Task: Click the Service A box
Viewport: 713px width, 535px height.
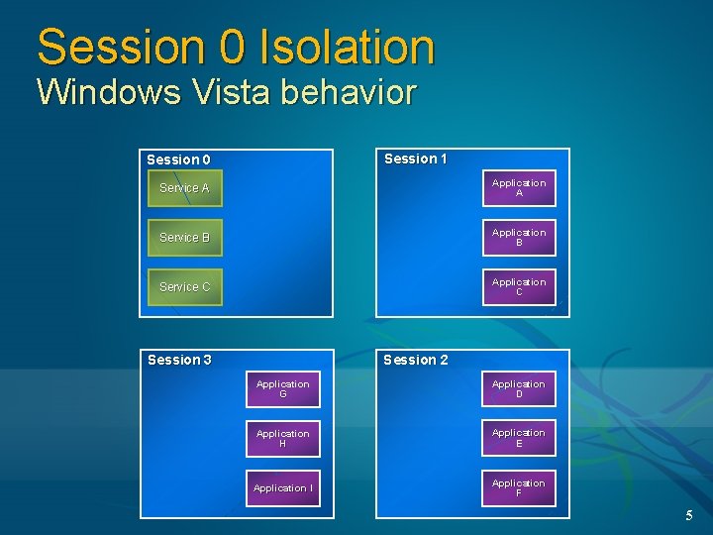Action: (185, 188)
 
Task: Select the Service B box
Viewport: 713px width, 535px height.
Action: (185, 238)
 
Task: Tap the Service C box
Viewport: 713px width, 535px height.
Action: (185, 287)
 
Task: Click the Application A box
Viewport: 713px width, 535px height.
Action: (519, 188)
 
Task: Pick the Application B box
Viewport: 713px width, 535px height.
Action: (519, 238)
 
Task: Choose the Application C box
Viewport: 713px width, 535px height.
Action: (519, 287)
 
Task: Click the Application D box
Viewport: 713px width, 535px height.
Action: (519, 388)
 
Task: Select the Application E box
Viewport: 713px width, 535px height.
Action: (519, 438)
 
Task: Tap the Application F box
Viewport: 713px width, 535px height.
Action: (519, 487)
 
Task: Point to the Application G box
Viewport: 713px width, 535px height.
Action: (283, 388)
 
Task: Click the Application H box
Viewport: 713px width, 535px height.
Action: (283, 438)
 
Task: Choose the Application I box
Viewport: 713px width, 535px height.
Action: (283, 487)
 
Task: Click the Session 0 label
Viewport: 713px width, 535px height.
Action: (178, 160)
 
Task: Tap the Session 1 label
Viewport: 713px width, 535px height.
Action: (416, 159)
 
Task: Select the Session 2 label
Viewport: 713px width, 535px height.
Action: (416, 360)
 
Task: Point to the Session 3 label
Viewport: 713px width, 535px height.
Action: (179, 360)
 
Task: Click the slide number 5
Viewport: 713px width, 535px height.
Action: (689, 515)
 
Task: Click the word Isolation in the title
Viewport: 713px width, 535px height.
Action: (347, 47)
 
